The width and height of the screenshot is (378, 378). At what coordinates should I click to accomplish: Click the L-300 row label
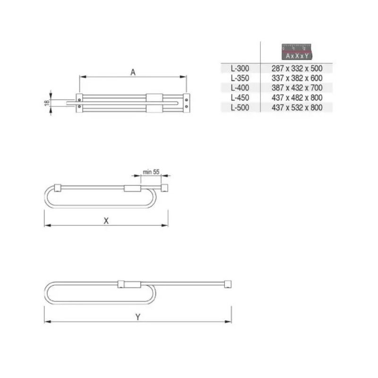point(240,69)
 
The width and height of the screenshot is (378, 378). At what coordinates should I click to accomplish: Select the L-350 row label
point(240,78)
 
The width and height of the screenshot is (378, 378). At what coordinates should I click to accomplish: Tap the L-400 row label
point(240,88)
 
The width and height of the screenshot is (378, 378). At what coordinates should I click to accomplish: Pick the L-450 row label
point(240,98)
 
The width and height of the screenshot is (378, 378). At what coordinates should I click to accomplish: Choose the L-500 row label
point(240,107)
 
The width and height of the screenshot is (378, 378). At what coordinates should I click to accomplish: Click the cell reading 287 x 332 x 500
point(297,69)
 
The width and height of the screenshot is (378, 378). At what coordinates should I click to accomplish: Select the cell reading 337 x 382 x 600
point(297,78)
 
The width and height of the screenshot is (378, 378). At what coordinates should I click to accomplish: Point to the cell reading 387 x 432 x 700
point(297,88)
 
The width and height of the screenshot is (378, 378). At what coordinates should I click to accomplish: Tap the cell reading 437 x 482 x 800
point(297,98)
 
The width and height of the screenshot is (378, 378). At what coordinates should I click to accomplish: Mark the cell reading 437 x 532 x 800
point(297,107)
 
